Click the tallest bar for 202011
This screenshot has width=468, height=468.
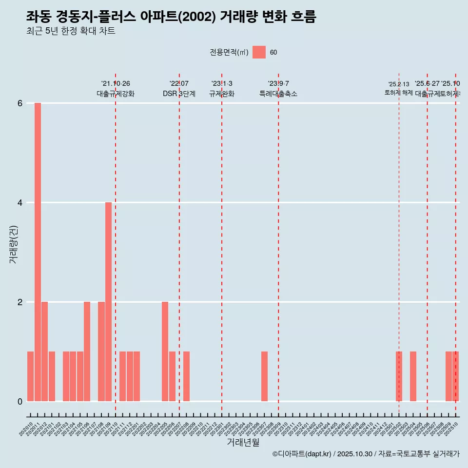point(38,252)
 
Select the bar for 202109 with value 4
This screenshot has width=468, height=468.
point(108,302)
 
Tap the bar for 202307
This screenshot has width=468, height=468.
point(264,376)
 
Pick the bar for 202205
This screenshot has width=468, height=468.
point(165,351)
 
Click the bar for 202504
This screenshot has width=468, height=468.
point(413,376)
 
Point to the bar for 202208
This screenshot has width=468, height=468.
point(186,376)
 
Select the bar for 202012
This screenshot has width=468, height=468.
point(44,351)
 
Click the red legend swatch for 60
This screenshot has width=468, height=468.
point(259,52)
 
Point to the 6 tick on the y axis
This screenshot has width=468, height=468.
point(20,103)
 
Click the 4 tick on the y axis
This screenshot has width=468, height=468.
point(20,203)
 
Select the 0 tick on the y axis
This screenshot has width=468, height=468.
point(20,402)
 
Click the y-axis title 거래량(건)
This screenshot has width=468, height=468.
point(14,244)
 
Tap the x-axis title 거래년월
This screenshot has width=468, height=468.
point(243,442)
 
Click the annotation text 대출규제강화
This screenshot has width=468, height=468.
point(116,94)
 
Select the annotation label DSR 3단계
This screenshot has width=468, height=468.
point(179,94)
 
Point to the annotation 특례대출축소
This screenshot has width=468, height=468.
point(278,94)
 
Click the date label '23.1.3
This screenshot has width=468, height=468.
point(222,84)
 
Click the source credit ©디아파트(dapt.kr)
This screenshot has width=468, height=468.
point(302,454)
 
